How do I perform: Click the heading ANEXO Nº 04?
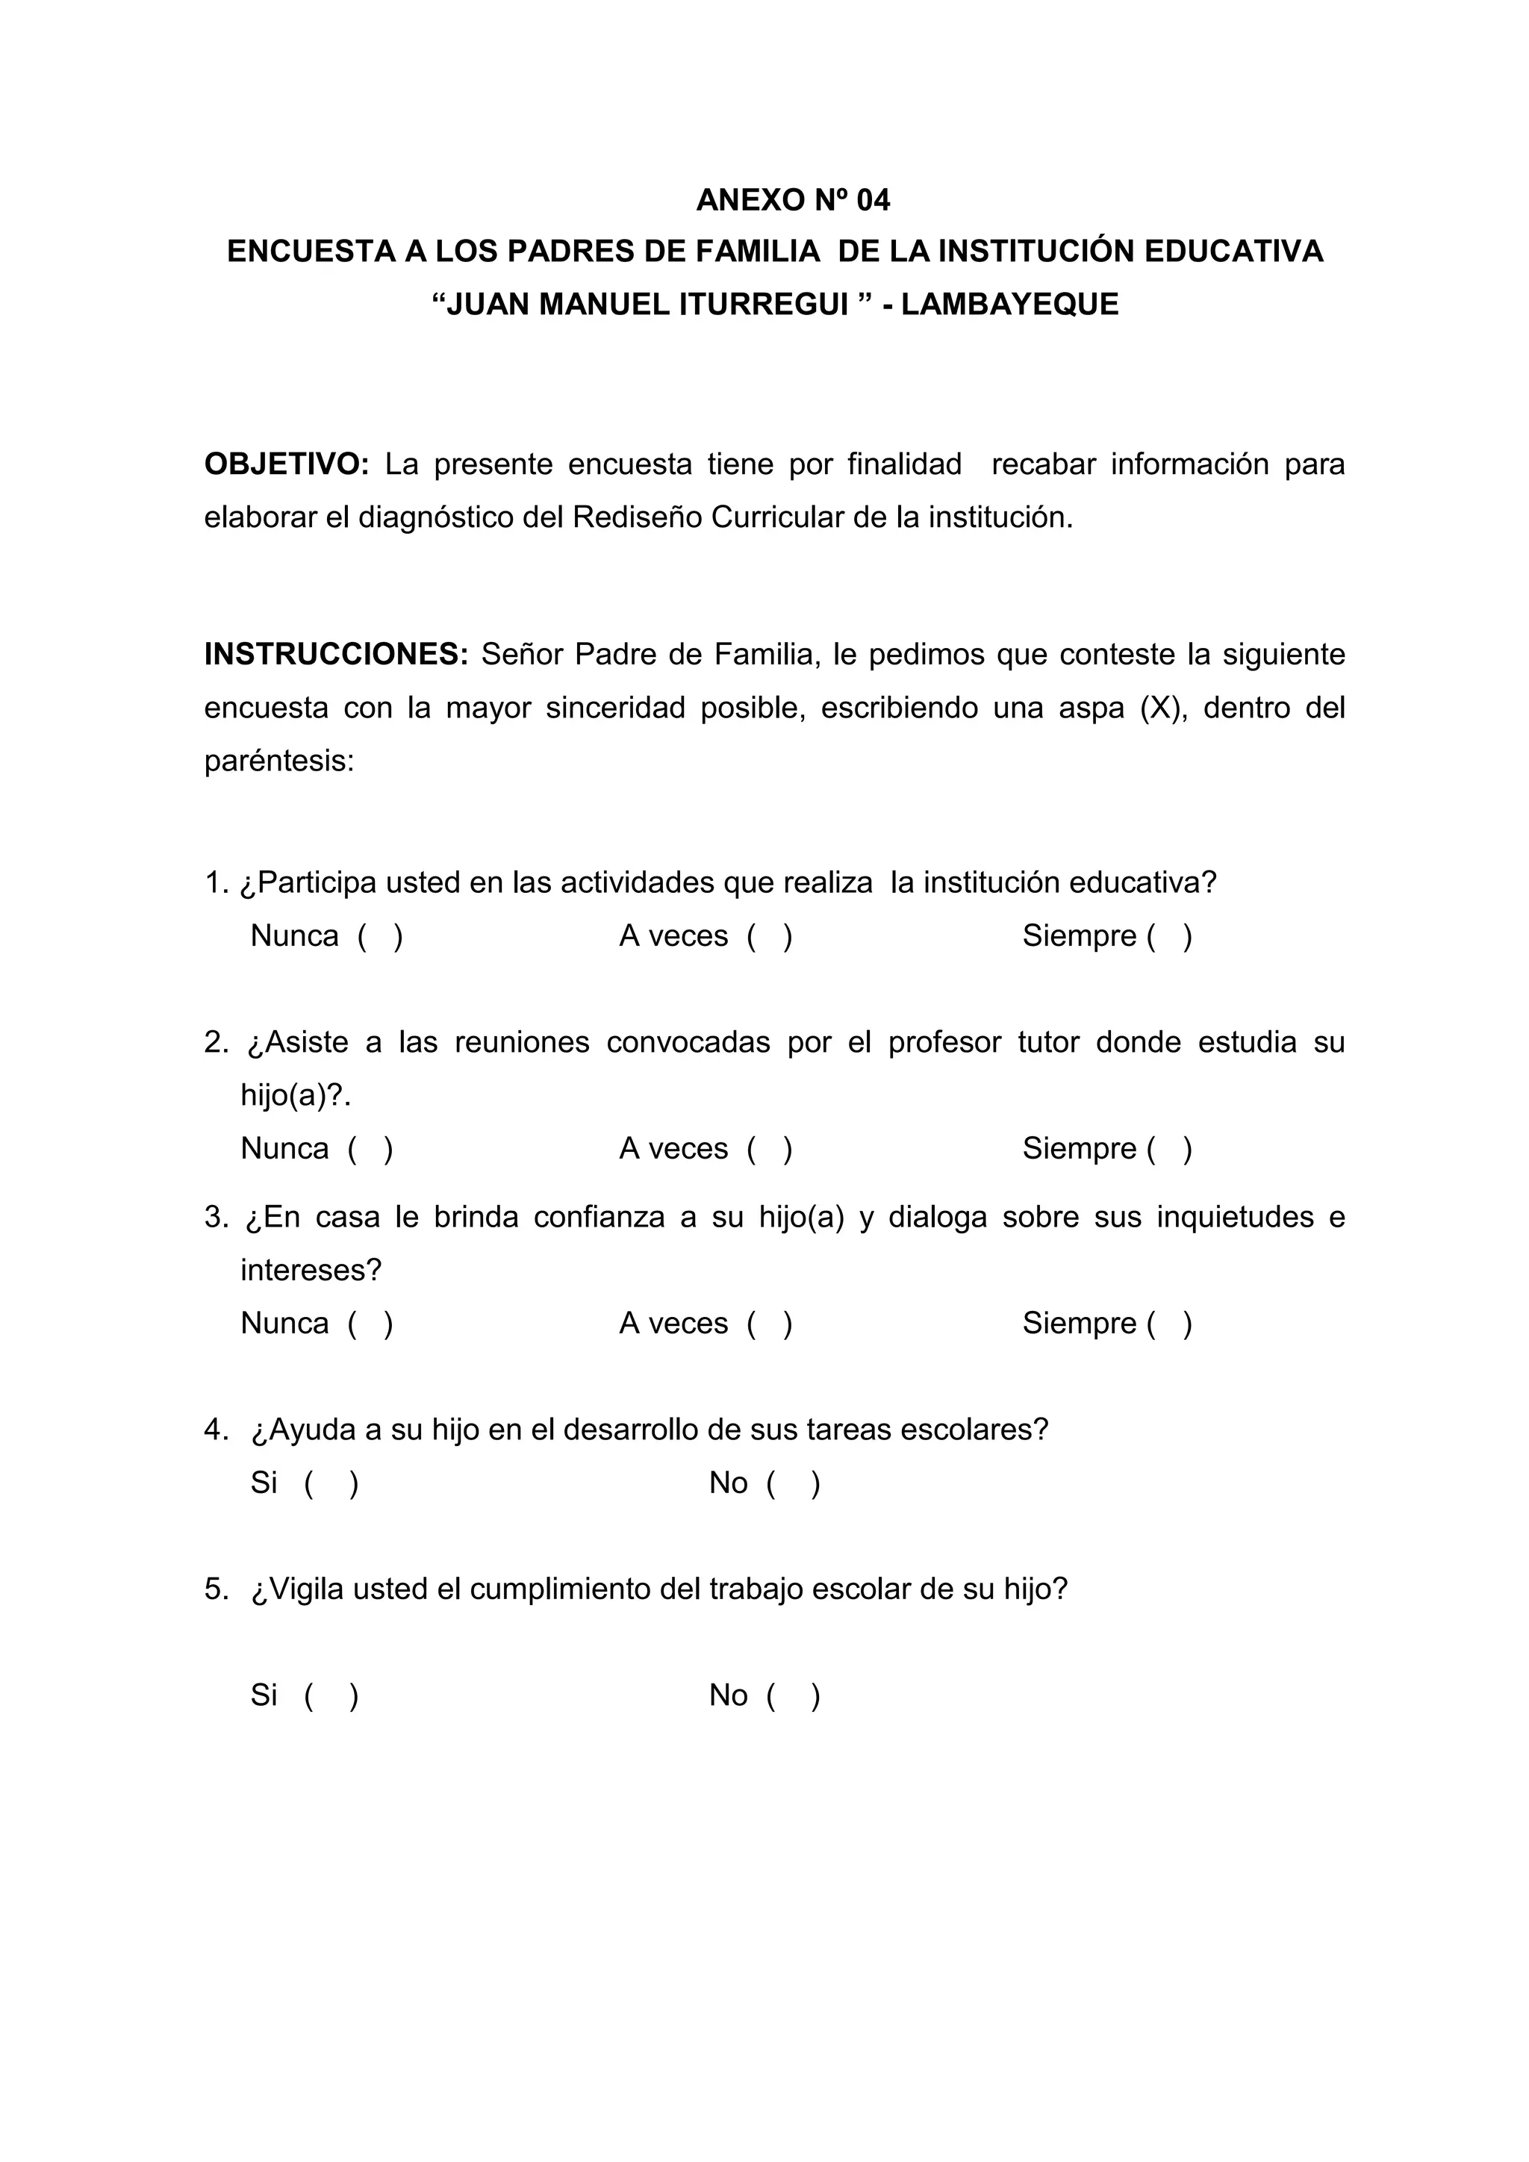(793, 199)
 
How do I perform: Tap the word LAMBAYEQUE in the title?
(1009, 304)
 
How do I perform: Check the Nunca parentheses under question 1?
(380, 936)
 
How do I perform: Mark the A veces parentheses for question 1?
(769, 936)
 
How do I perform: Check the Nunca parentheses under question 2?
(370, 1149)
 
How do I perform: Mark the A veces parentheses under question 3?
(769, 1323)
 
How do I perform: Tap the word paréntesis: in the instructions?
(278, 761)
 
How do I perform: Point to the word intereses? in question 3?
(311, 1271)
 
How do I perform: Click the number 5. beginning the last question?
(217, 1589)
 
